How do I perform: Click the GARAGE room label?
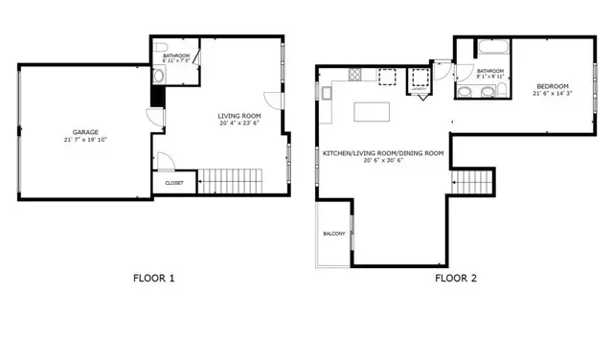click(x=84, y=132)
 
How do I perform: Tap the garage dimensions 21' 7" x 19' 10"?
click(x=84, y=140)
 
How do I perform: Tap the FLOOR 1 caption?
click(x=153, y=280)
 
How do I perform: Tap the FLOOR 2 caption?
click(x=456, y=280)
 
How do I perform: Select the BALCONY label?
click(x=333, y=234)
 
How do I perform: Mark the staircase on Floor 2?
click(x=472, y=181)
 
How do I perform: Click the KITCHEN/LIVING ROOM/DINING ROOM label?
click(x=383, y=153)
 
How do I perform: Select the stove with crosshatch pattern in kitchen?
click(x=353, y=75)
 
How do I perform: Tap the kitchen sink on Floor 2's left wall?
click(x=327, y=93)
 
